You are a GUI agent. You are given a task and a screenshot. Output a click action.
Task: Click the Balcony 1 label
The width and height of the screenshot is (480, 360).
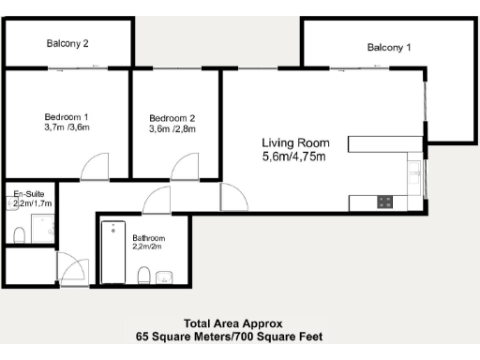coord(388,47)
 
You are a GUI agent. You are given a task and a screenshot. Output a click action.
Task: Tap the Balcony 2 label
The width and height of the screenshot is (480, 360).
coord(67,43)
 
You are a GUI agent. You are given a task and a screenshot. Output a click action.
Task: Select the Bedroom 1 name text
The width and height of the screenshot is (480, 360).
coord(66,116)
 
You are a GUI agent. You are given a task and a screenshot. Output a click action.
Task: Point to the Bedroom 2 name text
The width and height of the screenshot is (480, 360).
coord(171,117)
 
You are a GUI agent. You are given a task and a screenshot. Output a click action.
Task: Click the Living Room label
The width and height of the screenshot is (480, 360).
coord(294,142)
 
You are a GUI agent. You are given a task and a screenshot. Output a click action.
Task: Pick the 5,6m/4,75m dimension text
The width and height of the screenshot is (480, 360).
coord(294,157)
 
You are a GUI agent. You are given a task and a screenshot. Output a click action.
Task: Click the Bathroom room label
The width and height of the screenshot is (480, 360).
coord(149,238)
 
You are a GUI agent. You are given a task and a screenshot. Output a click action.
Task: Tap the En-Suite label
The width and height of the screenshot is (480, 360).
coord(28,193)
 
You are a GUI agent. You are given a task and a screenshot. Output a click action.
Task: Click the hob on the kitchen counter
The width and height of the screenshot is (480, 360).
coord(384,202)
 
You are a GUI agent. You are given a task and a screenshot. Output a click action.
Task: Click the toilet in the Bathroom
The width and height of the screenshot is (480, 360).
coord(142,275)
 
